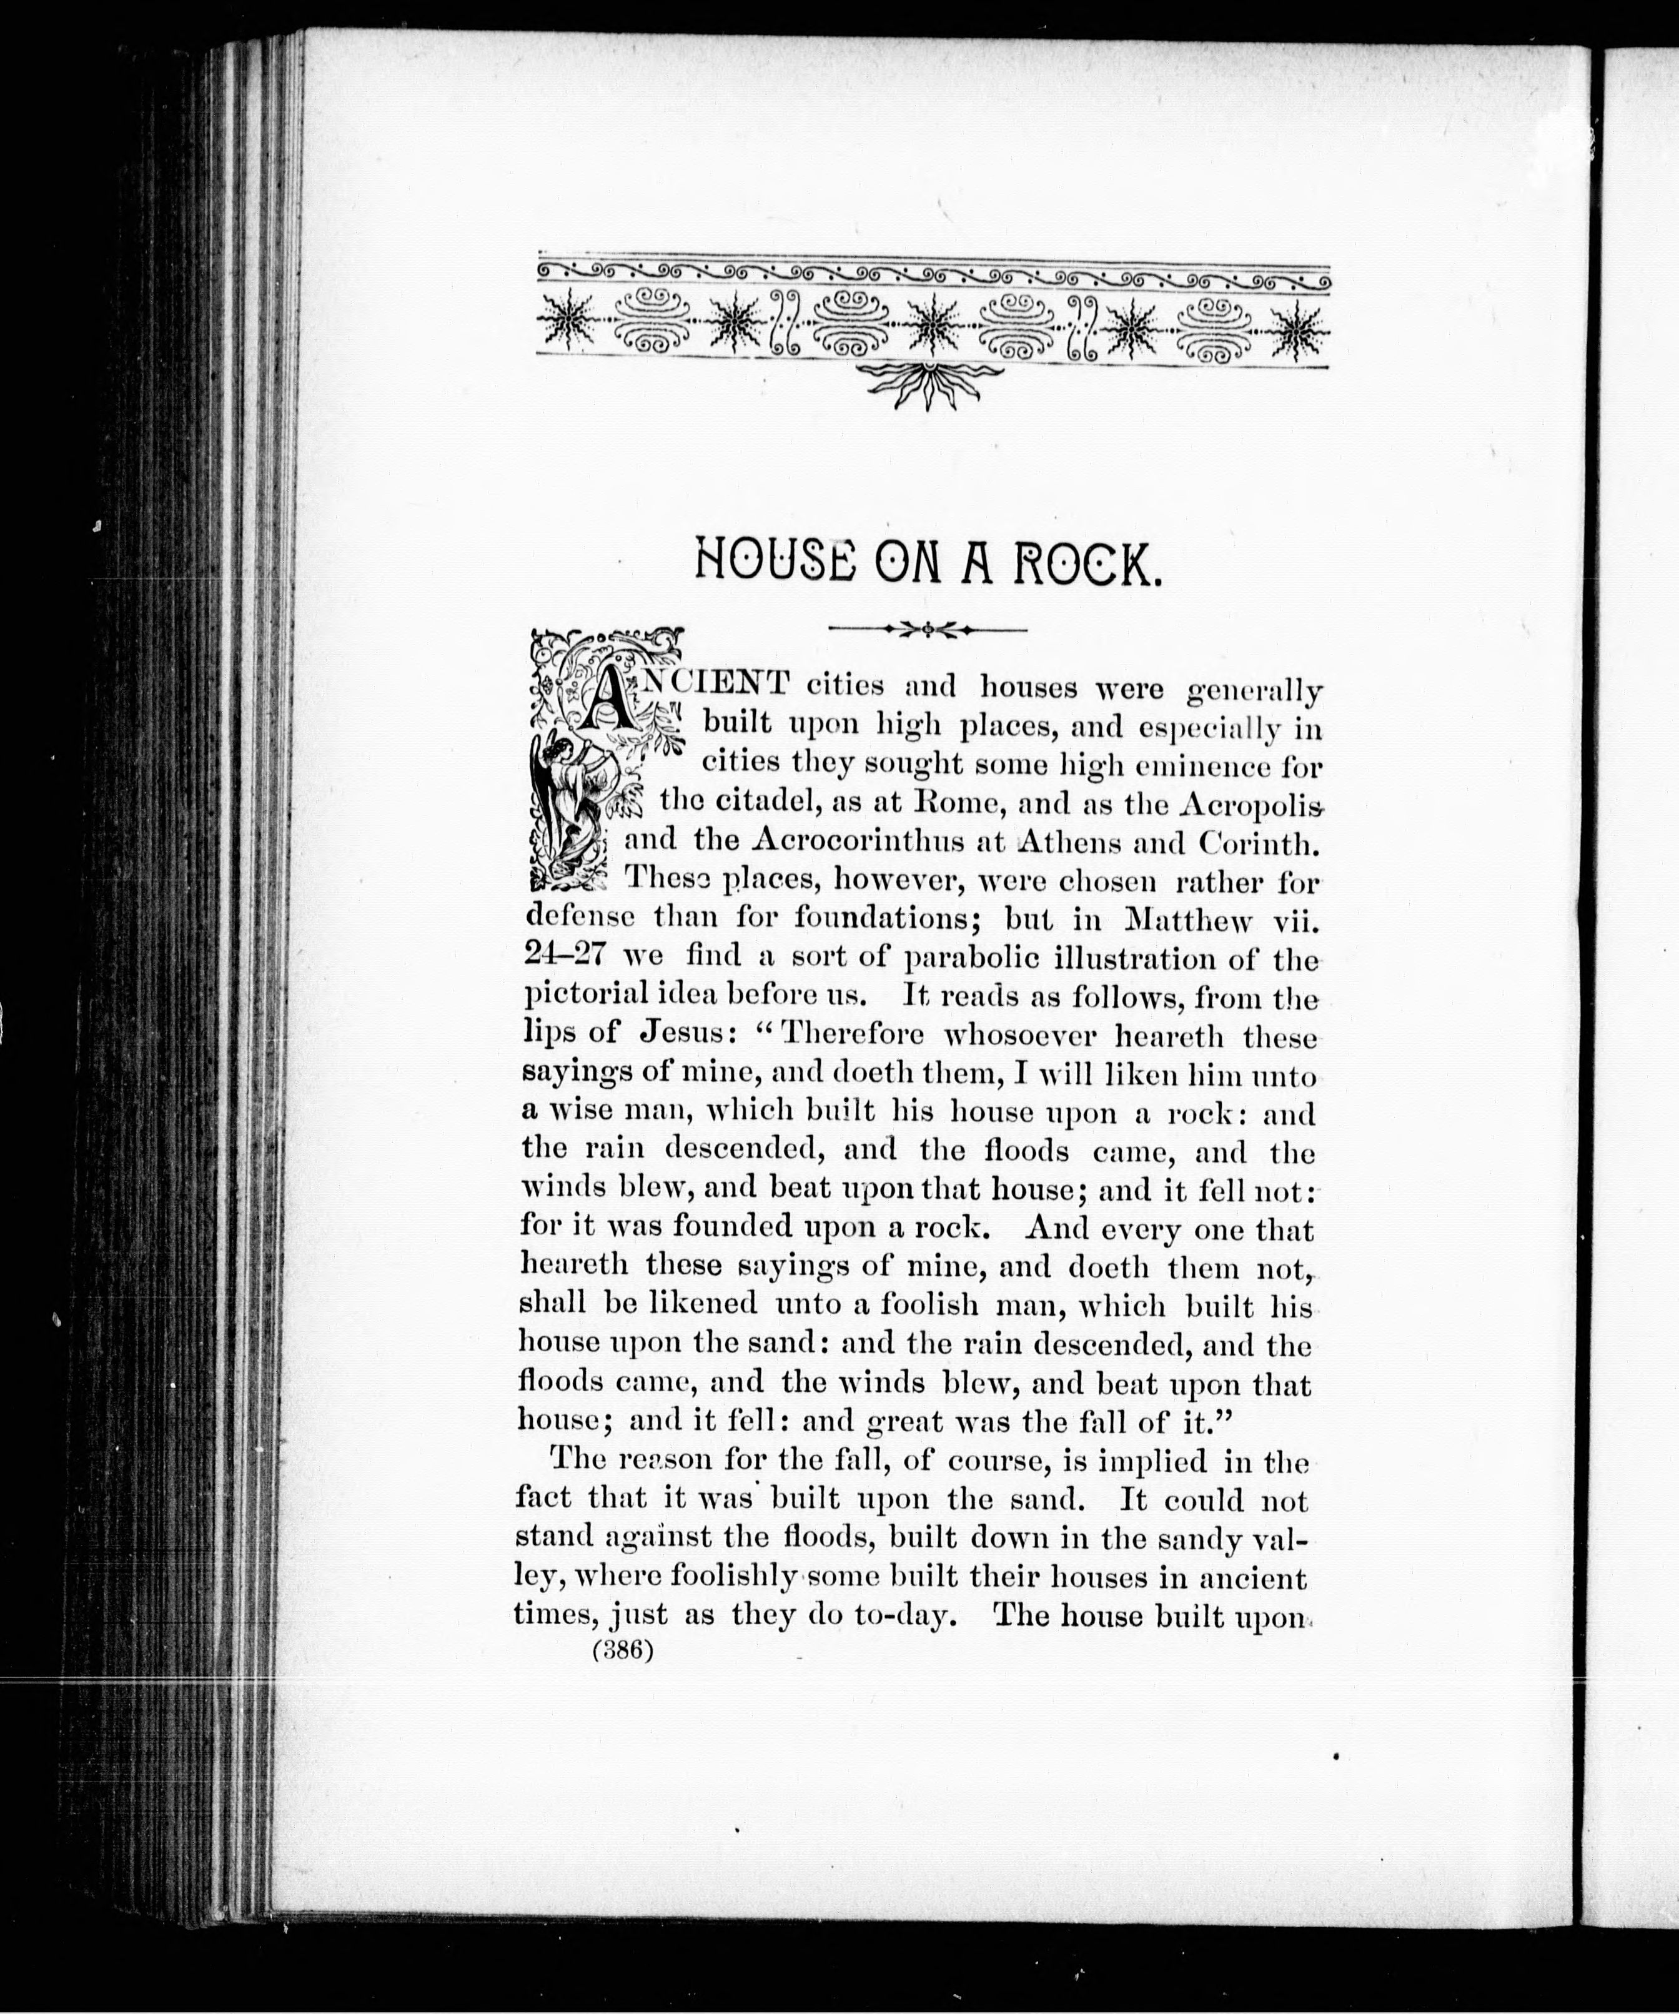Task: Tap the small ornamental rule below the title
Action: coord(927,629)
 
